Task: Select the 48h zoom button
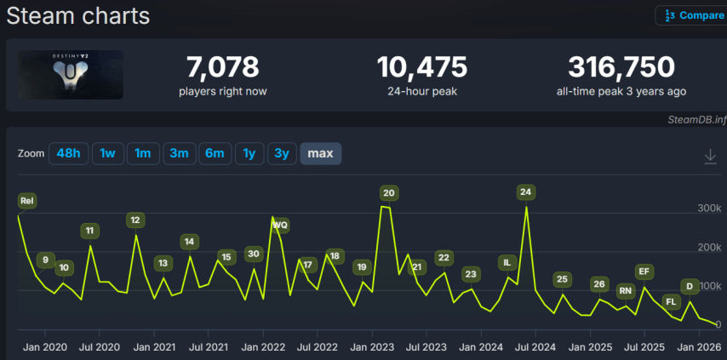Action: click(68, 153)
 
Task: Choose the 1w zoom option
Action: click(107, 153)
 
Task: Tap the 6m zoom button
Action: click(215, 153)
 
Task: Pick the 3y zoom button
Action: click(281, 153)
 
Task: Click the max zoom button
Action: click(320, 153)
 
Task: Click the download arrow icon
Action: click(710, 156)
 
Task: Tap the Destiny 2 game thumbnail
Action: click(71, 75)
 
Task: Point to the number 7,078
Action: click(222, 67)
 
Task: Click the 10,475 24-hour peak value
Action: click(422, 67)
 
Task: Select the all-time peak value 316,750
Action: click(621, 67)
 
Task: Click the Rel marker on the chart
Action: click(27, 201)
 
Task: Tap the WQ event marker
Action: click(280, 226)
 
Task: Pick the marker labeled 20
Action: click(388, 193)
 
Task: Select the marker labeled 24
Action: click(525, 192)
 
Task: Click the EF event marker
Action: click(644, 271)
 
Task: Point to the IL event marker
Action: click(507, 263)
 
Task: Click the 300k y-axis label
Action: click(709, 208)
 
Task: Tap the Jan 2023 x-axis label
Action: click(371, 347)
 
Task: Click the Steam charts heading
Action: click(77, 15)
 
